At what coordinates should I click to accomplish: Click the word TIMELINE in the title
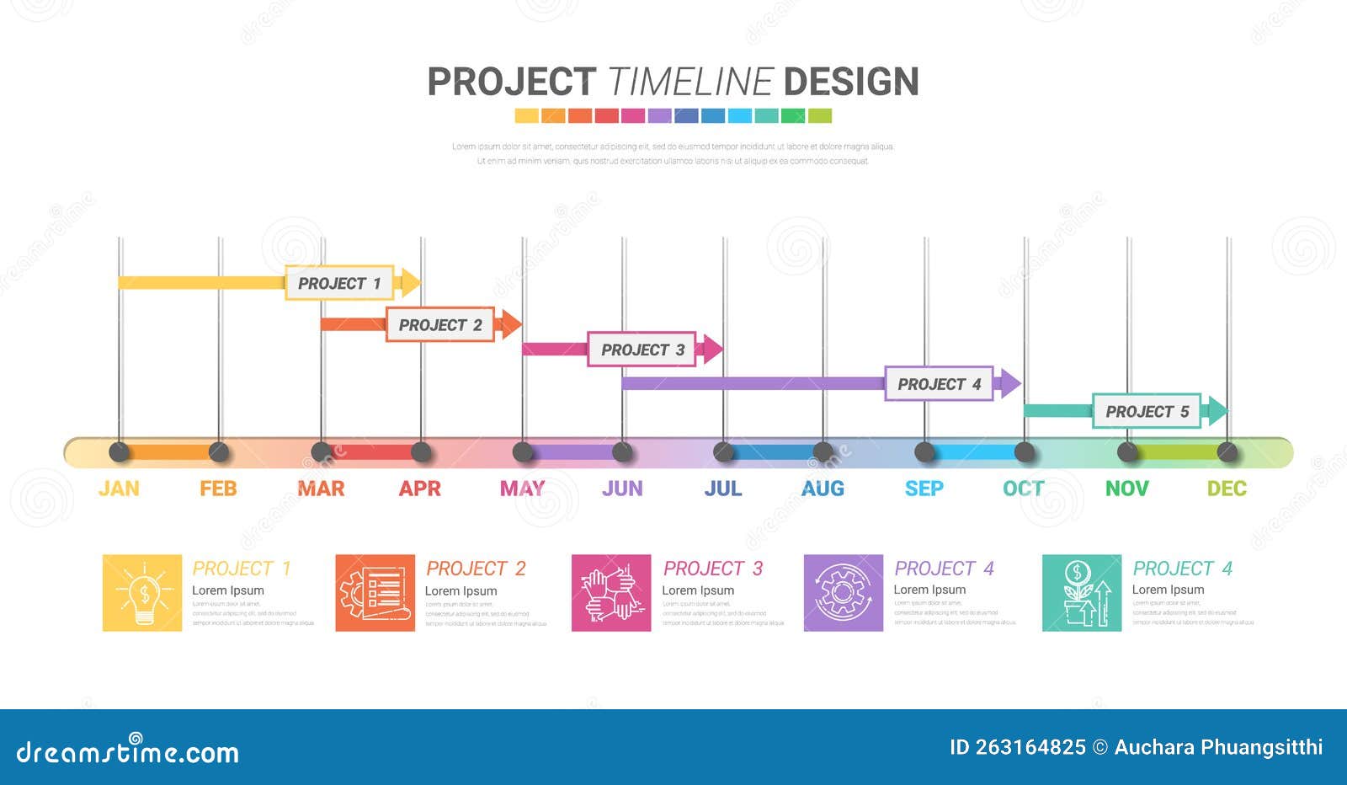click(x=689, y=83)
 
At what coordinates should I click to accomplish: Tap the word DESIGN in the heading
click(x=850, y=83)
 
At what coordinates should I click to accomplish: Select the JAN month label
click(x=119, y=489)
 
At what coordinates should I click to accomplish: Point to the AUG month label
click(x=823, y=489)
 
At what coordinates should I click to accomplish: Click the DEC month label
click(x=1227, y=489)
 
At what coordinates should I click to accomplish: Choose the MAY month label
click(x=522, y=489)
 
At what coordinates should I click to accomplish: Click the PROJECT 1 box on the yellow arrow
click(x=339, y=283)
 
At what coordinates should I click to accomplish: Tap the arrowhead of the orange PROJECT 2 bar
click(x=510, y=324)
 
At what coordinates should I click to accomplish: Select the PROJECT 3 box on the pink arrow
click(x=642, y=350)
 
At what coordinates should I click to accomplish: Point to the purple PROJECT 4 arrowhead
click(x=1009, y=384)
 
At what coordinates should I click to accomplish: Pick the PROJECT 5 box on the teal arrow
click(x=1147, y=411)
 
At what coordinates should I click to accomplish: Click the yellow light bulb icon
click(x=142, y=593)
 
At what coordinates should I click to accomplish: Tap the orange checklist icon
click(x=375, y=593)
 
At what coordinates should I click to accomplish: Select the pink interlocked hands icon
click(x=611, y=593)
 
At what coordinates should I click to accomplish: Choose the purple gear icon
click(x=844, y=593)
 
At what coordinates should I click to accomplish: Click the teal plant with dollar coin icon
click(x=1082, y=593)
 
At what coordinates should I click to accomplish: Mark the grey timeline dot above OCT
click(x=1025, y=452)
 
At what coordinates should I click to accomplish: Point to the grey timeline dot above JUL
click(x=723, y=452)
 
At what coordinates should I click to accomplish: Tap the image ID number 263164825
click(x=1030, y=747)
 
